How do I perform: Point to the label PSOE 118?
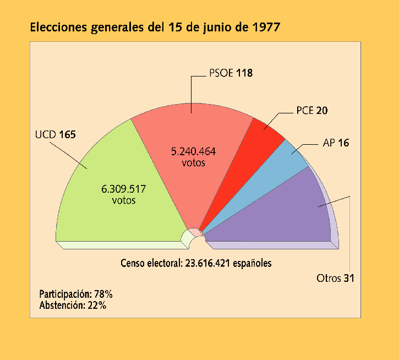pyautogui.click(x=231, y=73)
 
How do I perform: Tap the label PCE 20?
pyautogui.click(x=311, y=111)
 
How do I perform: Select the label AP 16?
pyautogui.click(x=336, y=143)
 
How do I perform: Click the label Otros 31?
pyautogui.click(x=335, y=278)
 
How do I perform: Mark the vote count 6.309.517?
pyautogui.click(x=124, y=189)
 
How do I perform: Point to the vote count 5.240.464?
pyautogui.click(x=193, y=152)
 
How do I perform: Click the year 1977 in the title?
pyautogui.click(x=264, y=28)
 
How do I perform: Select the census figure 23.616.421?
pyautogui.click(x=206, y=263)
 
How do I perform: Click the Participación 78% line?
pyautogui.click(x=76, y=294)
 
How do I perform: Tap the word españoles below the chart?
pyautogui.click(x=252, y=263)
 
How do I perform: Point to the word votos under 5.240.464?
pyautogui.click(x=193, y=163)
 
